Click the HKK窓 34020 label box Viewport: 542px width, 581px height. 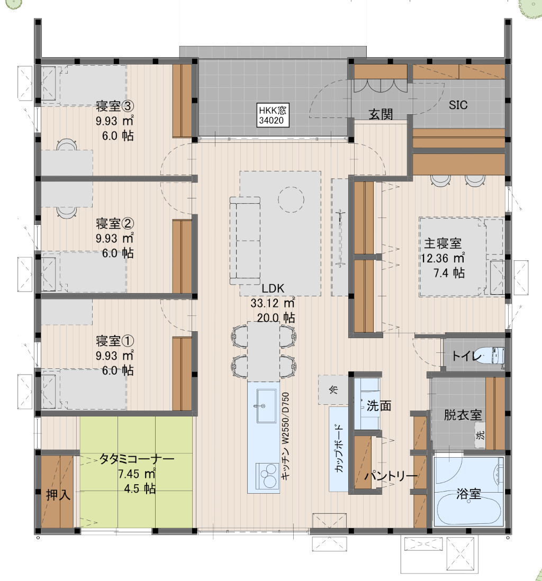(x=273, y=115)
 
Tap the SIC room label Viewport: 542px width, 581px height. (x=458, y=105)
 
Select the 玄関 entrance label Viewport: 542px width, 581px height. (x=381, y=114)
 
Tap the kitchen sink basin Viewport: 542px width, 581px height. (x=267, y=405)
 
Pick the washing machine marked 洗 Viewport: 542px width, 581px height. (x=481, y=435)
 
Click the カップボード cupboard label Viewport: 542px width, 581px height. (x=339, y=448)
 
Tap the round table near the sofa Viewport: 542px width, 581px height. (x=291, y=199)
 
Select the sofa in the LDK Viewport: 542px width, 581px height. (x=245, y=241)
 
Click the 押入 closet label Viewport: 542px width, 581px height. (x=58, y=495)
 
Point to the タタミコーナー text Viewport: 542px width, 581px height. (x=137, y=459)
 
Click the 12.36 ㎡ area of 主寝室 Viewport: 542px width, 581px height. (x=442, y=258)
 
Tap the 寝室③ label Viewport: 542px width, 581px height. (x=115, y=106)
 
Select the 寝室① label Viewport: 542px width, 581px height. (x=115, y=341)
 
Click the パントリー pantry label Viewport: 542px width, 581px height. (x=391, y=475)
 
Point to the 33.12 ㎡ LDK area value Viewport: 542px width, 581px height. (x=273, y=303)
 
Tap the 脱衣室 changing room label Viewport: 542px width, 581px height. (x=463, y=415)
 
